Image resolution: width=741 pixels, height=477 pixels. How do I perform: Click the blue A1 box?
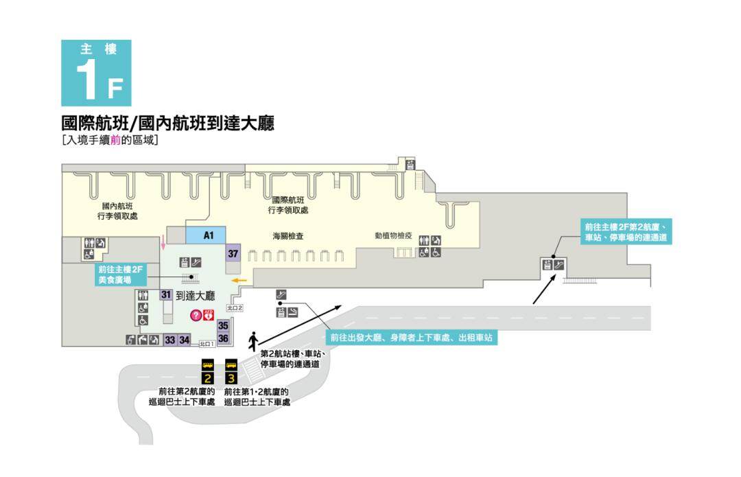(x=209, y=235)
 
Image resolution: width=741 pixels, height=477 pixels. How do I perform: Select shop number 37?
(x=233, y=253)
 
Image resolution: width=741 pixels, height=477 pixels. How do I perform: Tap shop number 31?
(x=165, y=295)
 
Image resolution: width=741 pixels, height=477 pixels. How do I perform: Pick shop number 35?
(x=223, y=326)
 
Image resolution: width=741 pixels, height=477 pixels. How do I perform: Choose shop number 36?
(x=223, y=338)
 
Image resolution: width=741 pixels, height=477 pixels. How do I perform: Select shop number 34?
(x=184, y=339)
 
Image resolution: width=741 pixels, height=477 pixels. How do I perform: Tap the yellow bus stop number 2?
(x=207, y=377)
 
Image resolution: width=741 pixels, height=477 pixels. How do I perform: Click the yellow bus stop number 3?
(x=231, y=377)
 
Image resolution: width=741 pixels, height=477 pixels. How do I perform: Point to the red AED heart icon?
(x=209, y=315)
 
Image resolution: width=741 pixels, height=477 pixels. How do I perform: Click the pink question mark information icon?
(x=196, y=316)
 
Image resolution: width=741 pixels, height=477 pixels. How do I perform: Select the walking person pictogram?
(x=253, y=340)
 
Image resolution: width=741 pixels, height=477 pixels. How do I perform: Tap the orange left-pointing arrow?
(x=239, y=280)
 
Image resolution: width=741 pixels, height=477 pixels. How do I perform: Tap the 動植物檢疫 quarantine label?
(x=393, y=235)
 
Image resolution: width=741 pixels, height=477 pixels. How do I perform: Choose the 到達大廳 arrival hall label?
(x=196, y=296)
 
